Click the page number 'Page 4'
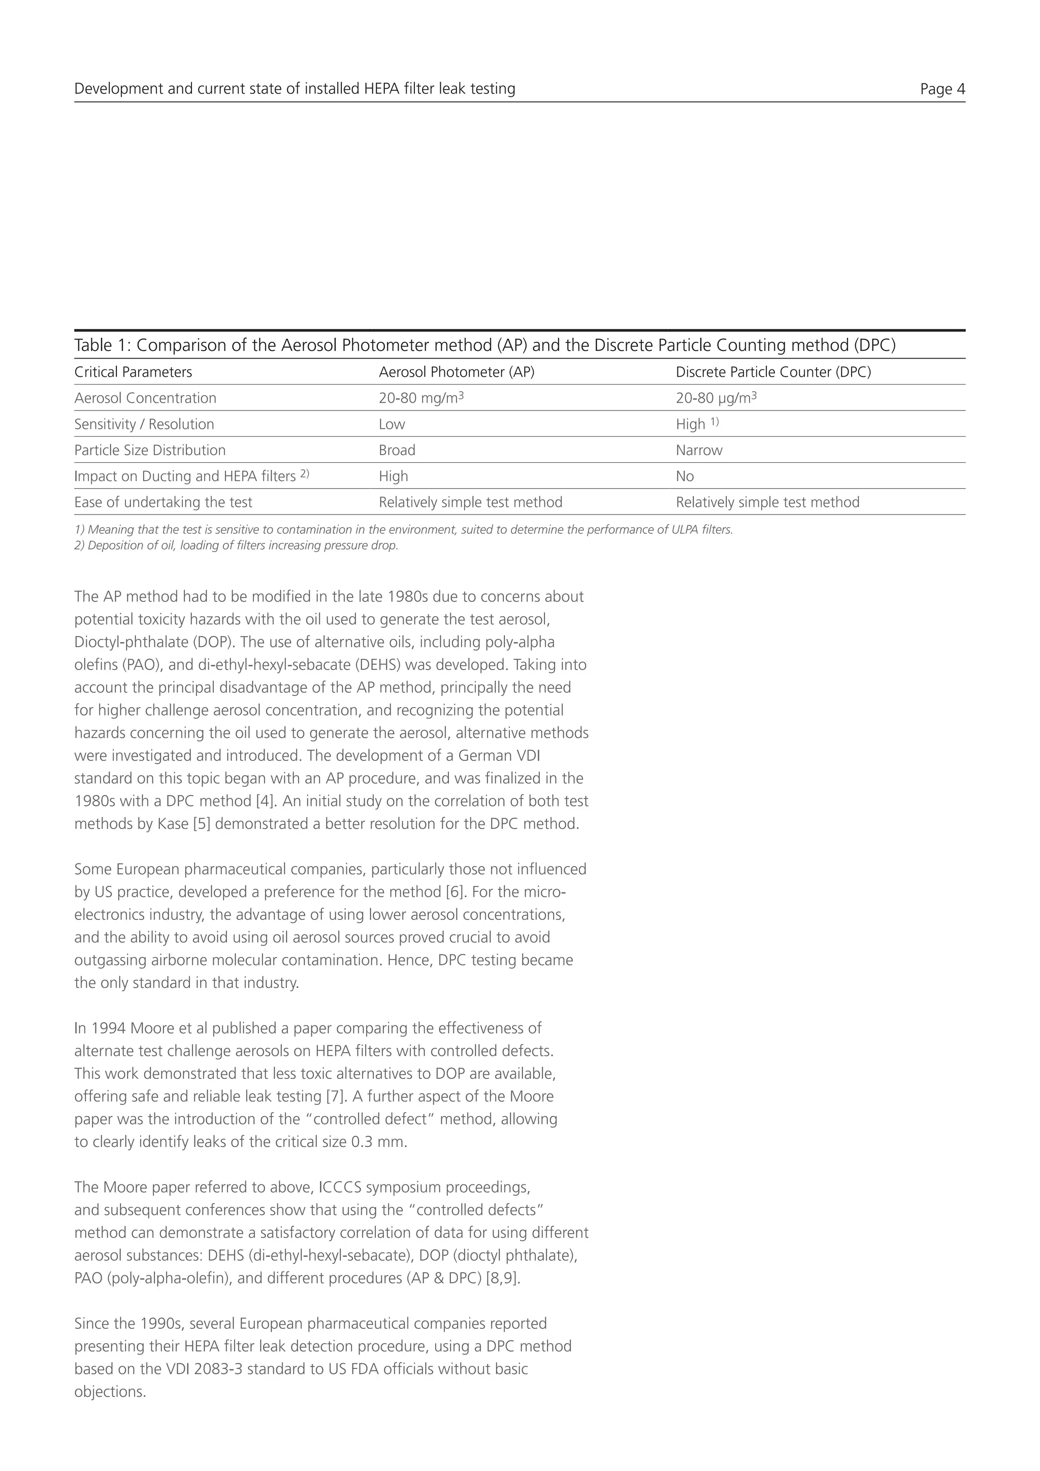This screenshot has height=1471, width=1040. click(942, 89)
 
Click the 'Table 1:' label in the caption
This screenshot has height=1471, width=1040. click(103, 345)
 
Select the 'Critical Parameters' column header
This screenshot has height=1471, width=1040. click(133, 372)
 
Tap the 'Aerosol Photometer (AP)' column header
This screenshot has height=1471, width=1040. click(457, 372)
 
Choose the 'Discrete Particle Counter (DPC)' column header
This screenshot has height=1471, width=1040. click(773, 372)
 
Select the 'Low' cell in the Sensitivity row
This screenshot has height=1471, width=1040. click(392, 424)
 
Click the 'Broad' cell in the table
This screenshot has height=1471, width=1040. click(397, 451)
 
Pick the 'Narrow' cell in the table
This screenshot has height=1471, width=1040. click(699, 451)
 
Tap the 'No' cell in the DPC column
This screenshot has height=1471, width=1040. click(685, 476)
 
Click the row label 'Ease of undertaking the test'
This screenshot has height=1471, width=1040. click(164, 502)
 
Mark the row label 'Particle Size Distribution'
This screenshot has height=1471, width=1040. click(150, 451)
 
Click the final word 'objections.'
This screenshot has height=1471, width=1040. click(110, 1392)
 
